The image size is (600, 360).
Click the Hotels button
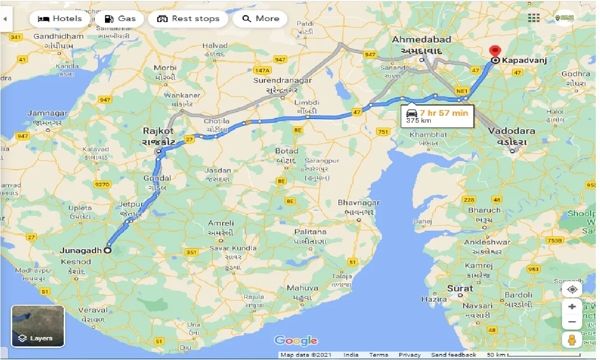pyautogui.click(x=60, y=19)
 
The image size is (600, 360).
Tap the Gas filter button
pyautogui.click(x=120, y=19)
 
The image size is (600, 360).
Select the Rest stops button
pyautogui.click(x=188, y=19)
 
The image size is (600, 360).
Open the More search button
pyautogui.click(x=260, y=19)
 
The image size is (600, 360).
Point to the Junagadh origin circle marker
pyautogui.click(x=107, y=250)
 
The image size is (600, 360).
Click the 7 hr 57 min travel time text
pyautogui.click(x=443, y=112)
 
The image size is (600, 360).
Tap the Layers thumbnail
pyautogui.click(x=37, y=326)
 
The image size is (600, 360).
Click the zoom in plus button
pyautogui.click(x=572, y=307)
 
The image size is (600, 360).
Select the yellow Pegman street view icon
pyautogui.click(x=572, y=340)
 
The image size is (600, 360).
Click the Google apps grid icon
pyautogui.click(x=533, y=18)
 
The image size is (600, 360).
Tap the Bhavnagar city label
pyautogui.click(x=359, y=203)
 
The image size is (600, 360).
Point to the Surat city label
pyautogui.click(x=460, y=288)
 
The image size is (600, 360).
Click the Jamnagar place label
pyautogui.click(x=47, y=113)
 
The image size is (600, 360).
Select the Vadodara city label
pyautogui.click(x=511, y=131)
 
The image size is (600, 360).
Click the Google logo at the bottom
pyautogui.click(x=296, y=341)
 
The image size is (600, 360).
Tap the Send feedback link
pyautogui.click(x=453, y=355)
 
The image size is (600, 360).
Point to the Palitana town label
pyautogui.click(x=310, y=232)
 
